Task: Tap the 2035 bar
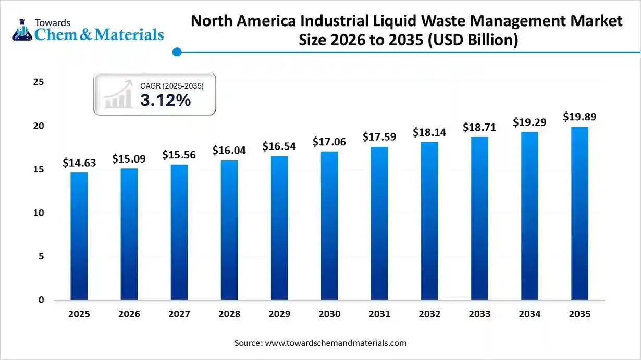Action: (580, 214)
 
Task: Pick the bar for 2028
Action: (229, 230)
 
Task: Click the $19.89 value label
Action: (580, 117)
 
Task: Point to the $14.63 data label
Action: (79, 163)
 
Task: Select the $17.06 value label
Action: (329, 142)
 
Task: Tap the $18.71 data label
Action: (479, 128)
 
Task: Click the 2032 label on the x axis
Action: (429, 314)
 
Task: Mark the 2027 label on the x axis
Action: (179, 314)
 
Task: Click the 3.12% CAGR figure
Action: (165, 101)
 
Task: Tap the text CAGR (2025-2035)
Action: (171, 85)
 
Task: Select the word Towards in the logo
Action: (52, 22)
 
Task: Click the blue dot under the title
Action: (177, 52)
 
